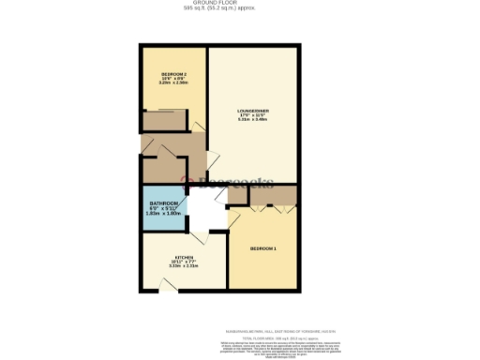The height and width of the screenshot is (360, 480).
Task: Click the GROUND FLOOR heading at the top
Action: pos(240,4)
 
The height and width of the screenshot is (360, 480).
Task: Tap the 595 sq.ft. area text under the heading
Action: pos(240,9)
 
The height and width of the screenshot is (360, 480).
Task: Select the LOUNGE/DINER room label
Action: pos(253,111)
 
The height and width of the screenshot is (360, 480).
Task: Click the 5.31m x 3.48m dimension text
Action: pos(253,119)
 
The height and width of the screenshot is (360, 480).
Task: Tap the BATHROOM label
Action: pos(163,204)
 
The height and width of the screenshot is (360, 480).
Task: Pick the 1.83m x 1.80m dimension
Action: pos(163,214)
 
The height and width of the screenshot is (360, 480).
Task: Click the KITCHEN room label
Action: pos(182,258)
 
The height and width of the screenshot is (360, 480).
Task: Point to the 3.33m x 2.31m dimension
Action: pos(182,266)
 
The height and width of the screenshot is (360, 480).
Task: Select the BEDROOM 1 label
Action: pos(263,248)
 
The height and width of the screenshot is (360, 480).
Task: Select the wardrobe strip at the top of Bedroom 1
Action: pos(262,197)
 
